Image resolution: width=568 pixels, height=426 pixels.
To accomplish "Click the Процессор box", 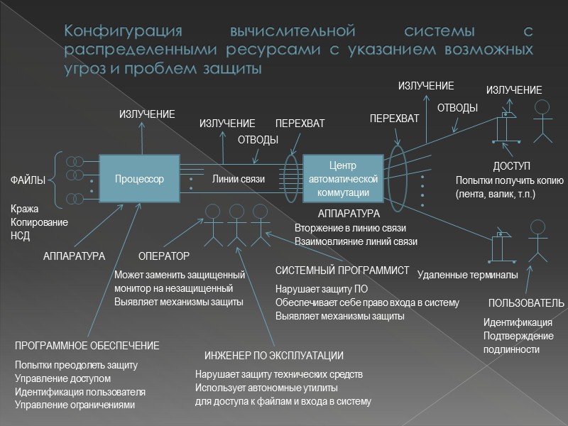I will [140, 179].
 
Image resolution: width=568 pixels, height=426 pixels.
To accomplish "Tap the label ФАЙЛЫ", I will [28, 181].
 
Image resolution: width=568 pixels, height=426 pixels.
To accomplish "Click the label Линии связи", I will [239, 179].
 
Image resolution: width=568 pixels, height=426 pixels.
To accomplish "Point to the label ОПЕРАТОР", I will [164, 256].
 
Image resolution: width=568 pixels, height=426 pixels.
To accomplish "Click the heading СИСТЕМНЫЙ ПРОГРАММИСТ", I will [342, 271].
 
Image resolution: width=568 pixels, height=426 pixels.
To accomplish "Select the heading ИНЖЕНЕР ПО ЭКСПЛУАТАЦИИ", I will [274, 356].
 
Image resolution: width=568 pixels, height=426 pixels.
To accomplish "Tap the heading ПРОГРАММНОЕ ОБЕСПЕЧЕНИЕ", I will [87, 346].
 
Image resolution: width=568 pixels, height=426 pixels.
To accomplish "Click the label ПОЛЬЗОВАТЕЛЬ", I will [526, 303].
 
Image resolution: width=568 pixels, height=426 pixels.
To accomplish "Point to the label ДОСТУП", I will [512, 167].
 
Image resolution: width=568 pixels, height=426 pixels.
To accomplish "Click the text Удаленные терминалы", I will [467, 275].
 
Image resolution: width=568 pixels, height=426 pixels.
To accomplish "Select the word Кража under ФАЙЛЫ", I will [24, 209].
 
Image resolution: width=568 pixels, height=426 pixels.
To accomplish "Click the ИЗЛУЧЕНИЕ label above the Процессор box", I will [147, 114].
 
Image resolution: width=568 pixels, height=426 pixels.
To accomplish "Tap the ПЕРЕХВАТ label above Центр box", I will [300, 124].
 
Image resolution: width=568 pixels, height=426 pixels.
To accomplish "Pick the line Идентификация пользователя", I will [80, 391].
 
